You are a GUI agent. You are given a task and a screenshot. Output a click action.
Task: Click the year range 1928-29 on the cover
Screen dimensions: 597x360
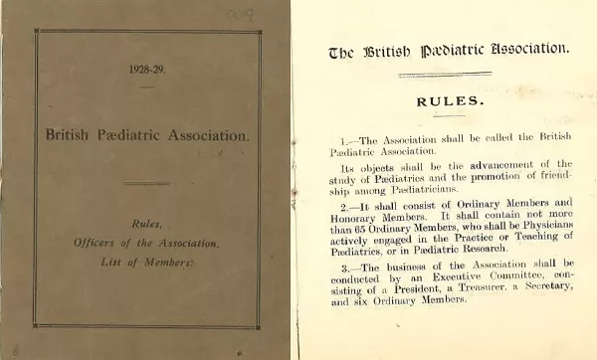[147, 69]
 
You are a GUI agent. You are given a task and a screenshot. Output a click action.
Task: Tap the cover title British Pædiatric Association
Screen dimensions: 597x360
[147, 133]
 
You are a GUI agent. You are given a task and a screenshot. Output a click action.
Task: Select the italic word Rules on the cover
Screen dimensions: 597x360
[147, 225]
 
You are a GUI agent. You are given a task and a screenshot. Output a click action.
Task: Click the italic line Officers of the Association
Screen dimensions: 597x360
[147, 243]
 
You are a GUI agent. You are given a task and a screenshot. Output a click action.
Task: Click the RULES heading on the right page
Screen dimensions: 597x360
[451, 100]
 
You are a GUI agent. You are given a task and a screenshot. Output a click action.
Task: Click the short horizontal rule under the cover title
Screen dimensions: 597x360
[146, 182]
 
